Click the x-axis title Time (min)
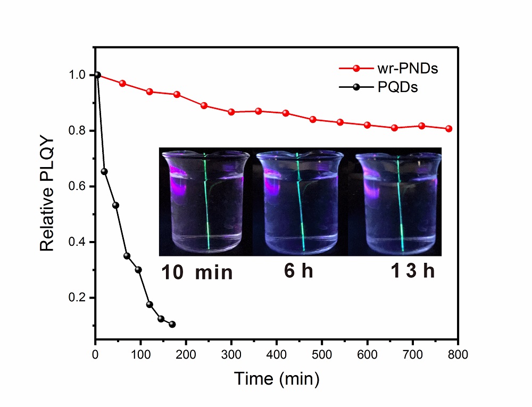tap(277, 378)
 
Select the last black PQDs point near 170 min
tap(172, 325)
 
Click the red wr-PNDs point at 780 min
tap(449, 129)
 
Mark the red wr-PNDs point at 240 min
tap(204, 105)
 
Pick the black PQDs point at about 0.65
tap(104, 171)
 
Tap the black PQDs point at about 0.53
tap(115, 205)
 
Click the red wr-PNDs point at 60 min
tap(122, 84)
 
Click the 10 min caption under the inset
tap(197, 273)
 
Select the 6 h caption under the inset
tap(298, 271)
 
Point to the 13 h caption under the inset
tap(412, 271)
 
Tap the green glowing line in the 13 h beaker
tap(401, 207)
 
